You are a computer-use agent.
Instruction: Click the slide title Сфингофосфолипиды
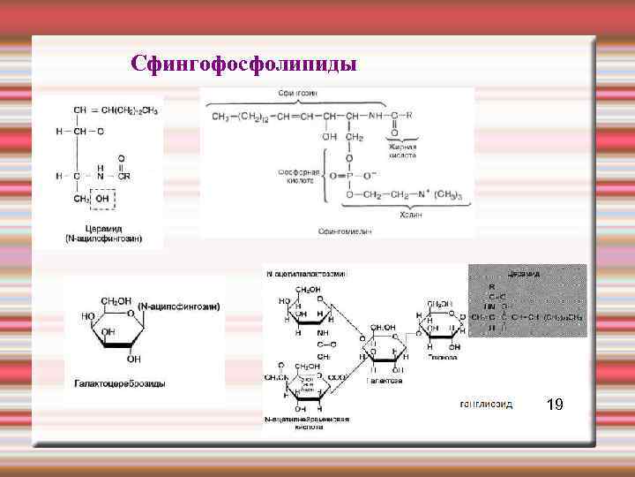tap(243, 64)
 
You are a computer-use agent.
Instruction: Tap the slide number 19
tap(555, 405)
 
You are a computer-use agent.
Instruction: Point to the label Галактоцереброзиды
tap(119, 383)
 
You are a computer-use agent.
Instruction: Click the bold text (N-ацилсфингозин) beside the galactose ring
tap(180, 307)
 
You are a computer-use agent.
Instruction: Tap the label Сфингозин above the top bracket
tap(298, 93)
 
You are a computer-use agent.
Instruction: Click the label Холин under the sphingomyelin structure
tap(410, 214)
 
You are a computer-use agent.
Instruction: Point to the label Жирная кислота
tap(403, 150)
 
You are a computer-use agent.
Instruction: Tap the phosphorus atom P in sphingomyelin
tap(349, 175)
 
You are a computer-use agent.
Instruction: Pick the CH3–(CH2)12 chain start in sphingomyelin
tap(240, 116)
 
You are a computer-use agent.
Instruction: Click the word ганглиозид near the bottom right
tap(487, 404)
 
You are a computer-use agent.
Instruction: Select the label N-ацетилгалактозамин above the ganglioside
tap(307, 274)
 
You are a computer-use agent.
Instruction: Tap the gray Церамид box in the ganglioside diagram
tap(527, 300)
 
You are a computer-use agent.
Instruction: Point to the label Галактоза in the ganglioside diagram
tap(385, 381)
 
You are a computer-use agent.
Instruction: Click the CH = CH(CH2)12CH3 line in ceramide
tap(116, 110)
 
